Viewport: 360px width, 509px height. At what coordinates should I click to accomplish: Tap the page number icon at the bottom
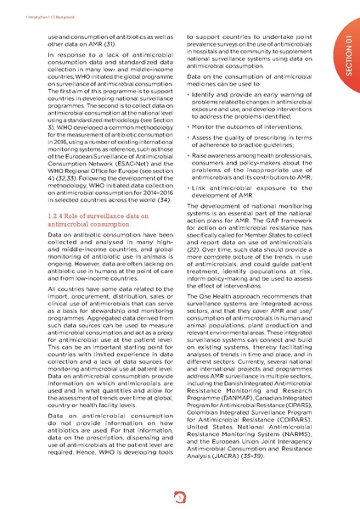(179, 497)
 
